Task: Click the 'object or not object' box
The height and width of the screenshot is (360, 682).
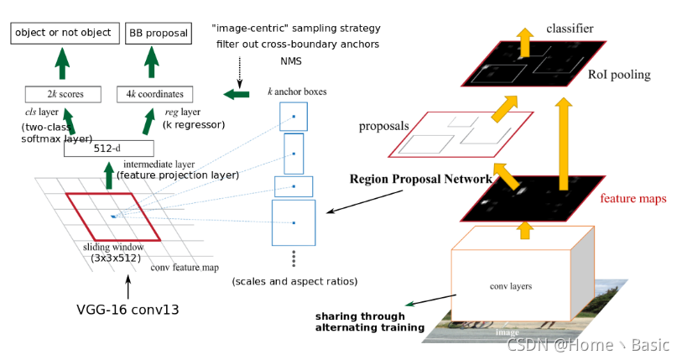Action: click(64, 34)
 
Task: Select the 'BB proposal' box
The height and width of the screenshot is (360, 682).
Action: click(158, 34)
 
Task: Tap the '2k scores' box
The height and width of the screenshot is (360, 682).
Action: click(64, 95)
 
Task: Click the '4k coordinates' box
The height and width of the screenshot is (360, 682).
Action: click(155, 95)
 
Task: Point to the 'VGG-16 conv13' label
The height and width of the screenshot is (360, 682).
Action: click(128, 309)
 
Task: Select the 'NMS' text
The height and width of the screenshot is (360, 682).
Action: click(291, 61)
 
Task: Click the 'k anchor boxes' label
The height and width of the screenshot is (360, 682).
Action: click(297, 91)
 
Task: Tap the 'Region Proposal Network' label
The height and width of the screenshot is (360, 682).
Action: click(420, 179)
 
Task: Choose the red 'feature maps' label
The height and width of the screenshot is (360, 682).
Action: click(633, 199)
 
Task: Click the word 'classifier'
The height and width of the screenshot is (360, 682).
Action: click(570, 29)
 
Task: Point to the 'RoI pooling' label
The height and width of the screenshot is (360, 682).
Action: click(619, 75)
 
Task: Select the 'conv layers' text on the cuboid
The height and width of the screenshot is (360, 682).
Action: click(511, 286)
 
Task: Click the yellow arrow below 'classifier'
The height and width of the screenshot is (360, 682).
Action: click(524, 43)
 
